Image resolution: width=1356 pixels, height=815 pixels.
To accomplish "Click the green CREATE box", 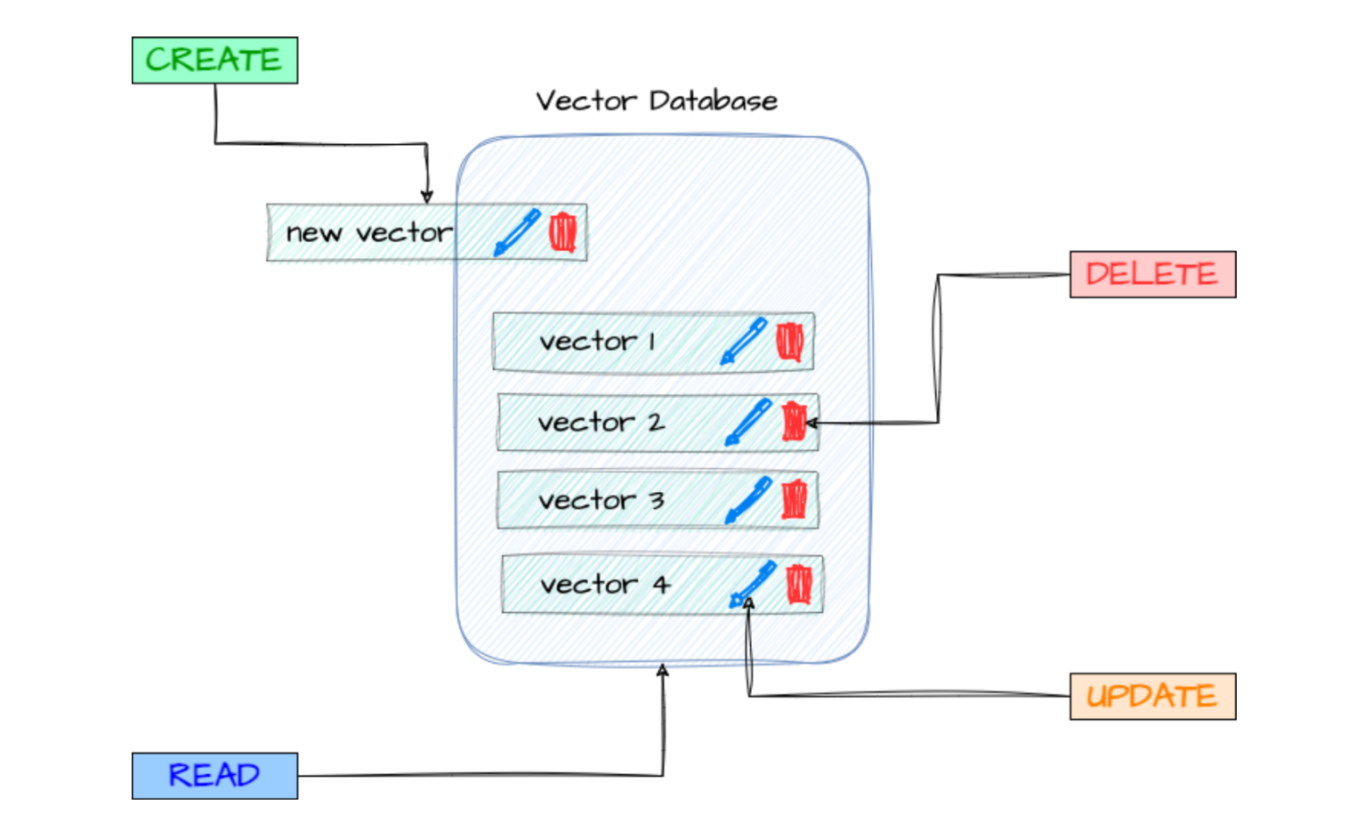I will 214,61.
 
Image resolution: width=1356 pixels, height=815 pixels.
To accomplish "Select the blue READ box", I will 214,775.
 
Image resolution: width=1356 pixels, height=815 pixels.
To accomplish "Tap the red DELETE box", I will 1152,274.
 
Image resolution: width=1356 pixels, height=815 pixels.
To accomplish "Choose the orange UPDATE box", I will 1152,696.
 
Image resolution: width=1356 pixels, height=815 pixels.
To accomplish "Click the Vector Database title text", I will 657,101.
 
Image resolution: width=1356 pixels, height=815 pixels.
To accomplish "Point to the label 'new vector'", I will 368,233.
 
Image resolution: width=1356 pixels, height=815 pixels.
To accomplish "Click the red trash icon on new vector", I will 562,232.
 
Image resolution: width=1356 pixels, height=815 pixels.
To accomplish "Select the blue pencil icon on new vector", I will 518,232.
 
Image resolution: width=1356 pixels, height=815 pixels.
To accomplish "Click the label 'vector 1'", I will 597,342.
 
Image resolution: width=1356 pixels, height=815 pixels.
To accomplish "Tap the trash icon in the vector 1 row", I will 789,342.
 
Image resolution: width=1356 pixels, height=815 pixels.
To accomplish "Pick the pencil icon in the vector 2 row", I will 748,422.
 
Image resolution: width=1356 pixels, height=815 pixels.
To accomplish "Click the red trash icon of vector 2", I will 793,422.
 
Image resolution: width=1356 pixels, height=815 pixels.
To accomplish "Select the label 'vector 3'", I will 601,501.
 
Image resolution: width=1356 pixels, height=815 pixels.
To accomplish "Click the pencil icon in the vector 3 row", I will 748,500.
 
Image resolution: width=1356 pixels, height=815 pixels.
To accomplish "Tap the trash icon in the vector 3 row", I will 794,500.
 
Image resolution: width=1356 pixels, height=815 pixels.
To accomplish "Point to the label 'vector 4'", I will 604,585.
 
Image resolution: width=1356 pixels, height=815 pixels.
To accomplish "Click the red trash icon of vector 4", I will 799,585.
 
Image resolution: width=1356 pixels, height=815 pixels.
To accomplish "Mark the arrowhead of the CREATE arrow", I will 427,197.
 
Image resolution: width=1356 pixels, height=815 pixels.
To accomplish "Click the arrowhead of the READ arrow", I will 663,670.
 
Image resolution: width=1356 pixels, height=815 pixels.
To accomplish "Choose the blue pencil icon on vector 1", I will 744,341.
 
